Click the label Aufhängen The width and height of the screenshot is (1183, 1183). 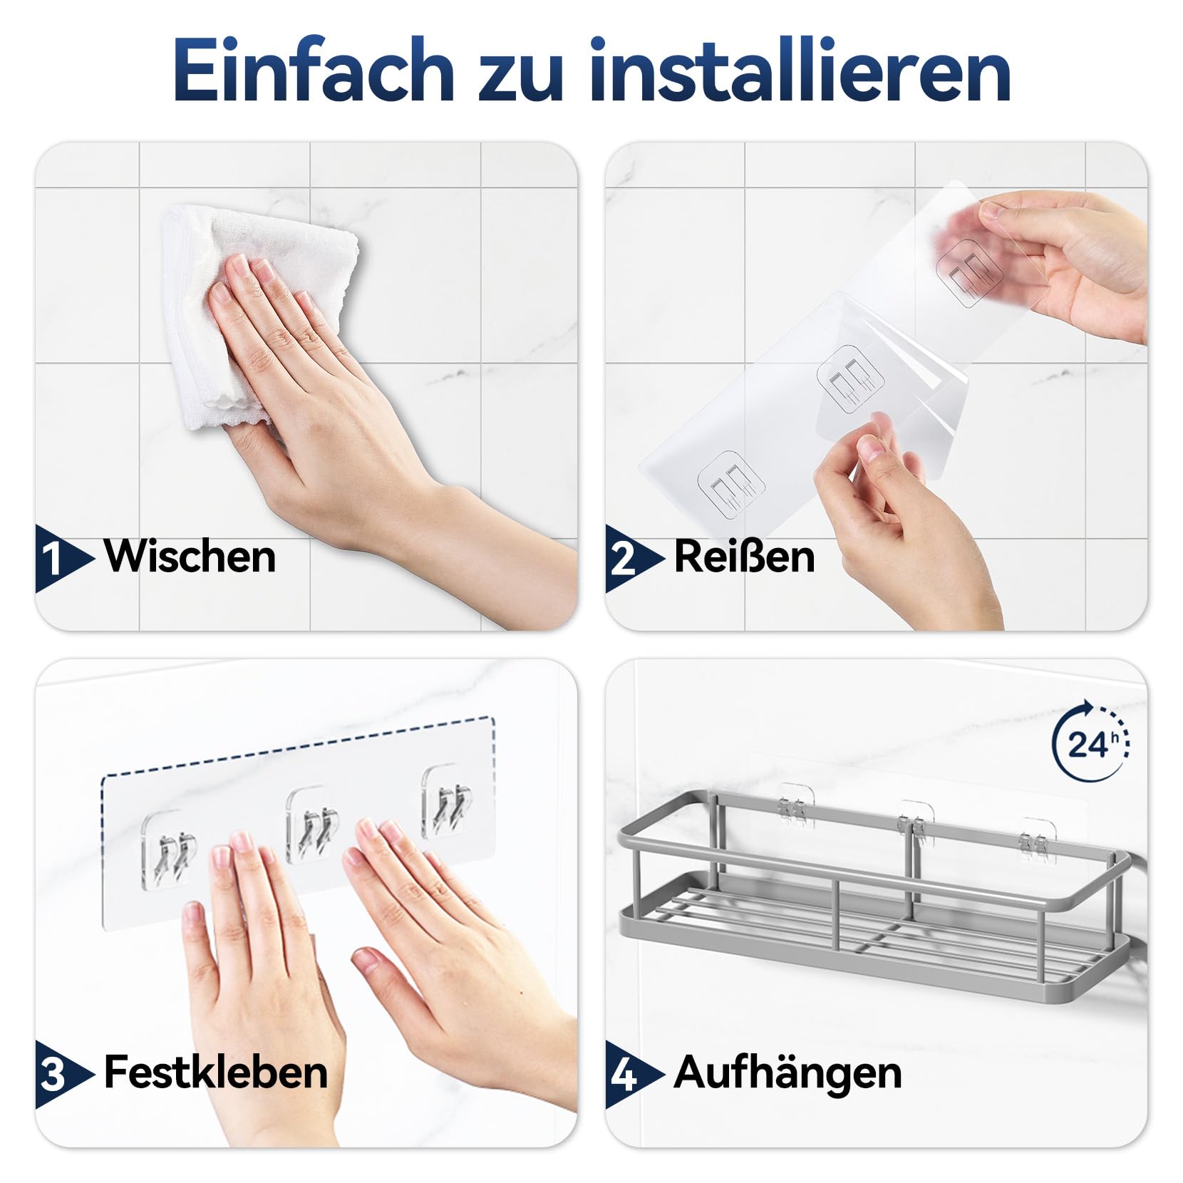coord(787,1073)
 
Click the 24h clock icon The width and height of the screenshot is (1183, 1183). coord(1090,741)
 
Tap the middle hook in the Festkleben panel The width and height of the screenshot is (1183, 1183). coord(312,825)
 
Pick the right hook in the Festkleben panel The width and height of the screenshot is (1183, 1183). coord(448,802)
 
